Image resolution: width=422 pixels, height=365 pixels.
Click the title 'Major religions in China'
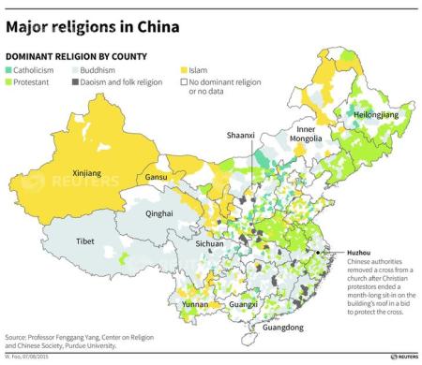(x=93, y=26)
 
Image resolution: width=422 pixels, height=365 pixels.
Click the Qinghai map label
(x=159, y=213)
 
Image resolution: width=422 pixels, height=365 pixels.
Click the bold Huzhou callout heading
(x=332, y=254)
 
